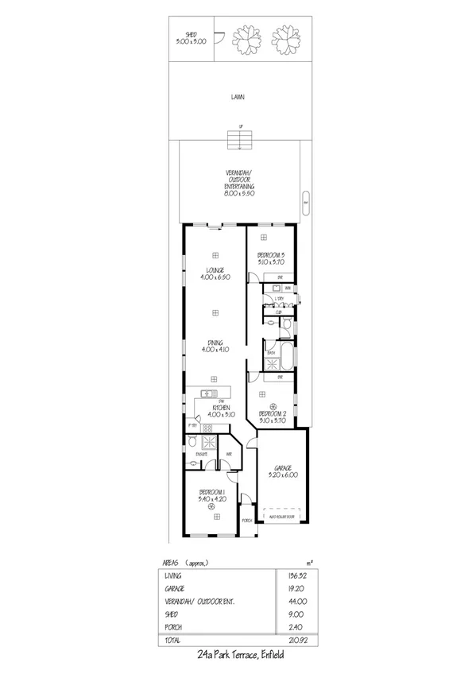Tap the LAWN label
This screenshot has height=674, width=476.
(x=238, y=97)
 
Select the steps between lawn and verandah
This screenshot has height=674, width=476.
(x=238, y=141)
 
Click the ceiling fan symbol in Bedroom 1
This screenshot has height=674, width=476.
(x=212, y=505)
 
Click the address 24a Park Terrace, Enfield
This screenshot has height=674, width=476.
(x=238, y=656)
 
